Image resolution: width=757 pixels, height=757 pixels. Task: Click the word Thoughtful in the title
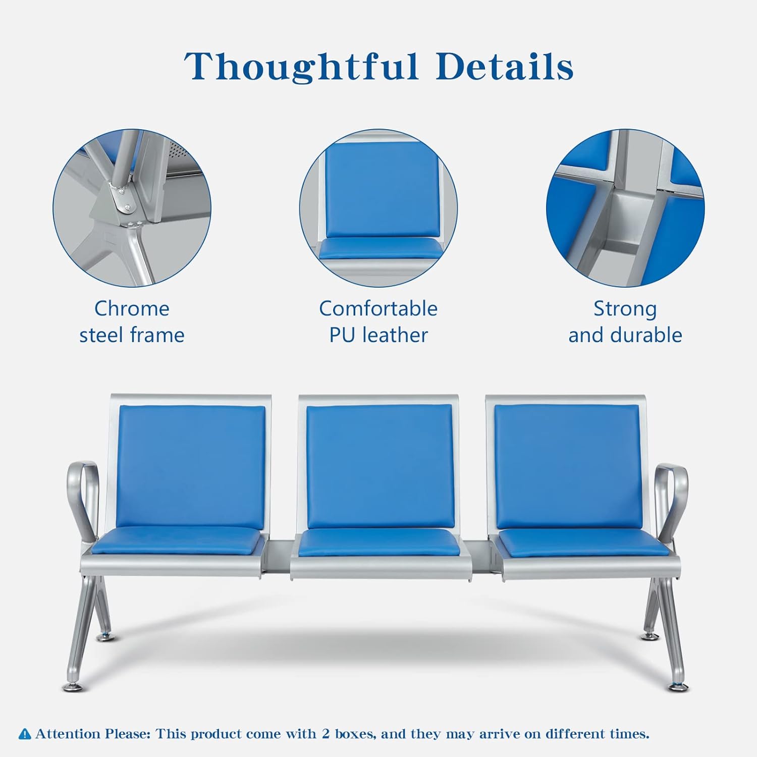tap(301, 67)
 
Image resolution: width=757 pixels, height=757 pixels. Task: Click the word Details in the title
tap(505, 66)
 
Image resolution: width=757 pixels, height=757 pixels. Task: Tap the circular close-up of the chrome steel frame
tap(132, 208)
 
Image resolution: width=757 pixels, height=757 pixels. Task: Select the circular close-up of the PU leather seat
tap(379, 208)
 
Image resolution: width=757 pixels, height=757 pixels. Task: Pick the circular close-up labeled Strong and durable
tap(625, 208)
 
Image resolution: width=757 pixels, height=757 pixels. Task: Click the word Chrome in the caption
tap(132, 308)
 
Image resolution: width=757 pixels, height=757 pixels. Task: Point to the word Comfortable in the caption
tap(379, 308)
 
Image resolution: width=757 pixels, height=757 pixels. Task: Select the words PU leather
tap(379, 335)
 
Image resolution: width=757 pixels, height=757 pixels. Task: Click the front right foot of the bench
tap(678, 687)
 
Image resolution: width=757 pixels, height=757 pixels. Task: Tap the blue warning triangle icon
tap(25, 734)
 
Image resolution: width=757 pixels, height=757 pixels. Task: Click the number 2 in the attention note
tap(327, 733)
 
